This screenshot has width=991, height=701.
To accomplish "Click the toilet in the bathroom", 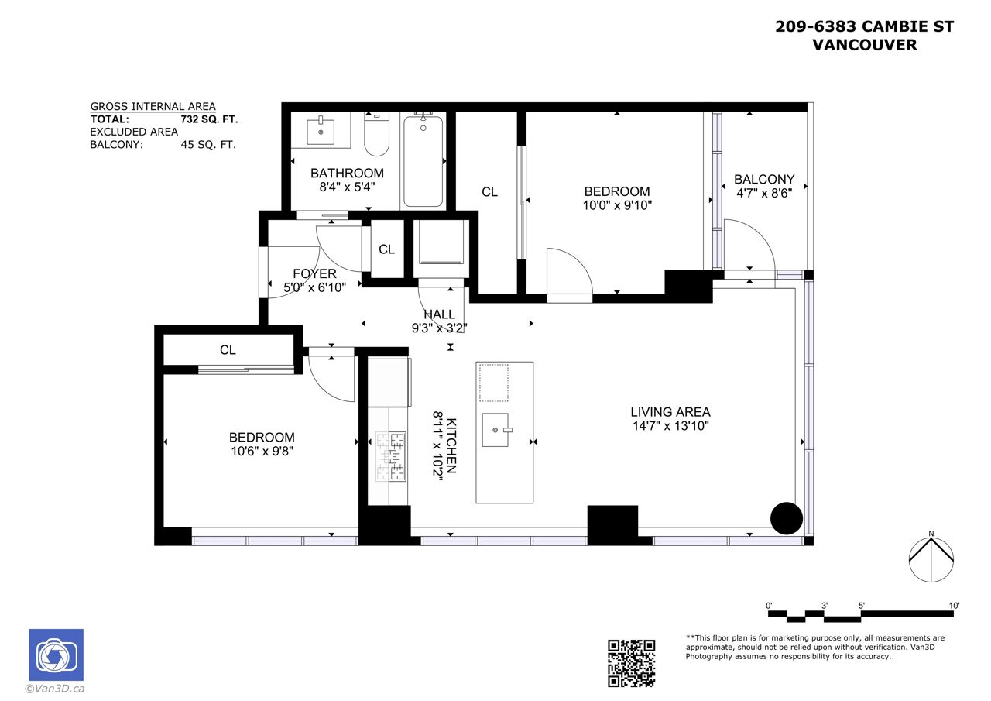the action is [x=376, y=134].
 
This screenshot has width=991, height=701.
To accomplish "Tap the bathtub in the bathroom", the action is [x=423, y=160].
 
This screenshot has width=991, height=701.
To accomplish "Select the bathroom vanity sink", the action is [x=321, y=131].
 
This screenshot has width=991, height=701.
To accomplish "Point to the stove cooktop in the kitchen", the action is [x=391, y=456].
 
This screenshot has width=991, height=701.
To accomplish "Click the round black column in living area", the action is [x=786, y=518].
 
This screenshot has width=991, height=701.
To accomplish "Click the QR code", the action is [x=631, y=663].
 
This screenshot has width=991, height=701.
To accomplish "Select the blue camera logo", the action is [x=57, y=655].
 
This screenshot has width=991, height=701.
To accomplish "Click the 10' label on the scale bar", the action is [x=954, y=606].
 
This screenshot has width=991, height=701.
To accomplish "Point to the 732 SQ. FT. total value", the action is [x=209, y=119].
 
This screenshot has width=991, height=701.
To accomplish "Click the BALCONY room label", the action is [x=764, y=179].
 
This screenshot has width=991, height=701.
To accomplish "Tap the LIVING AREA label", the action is [x=670, y=412].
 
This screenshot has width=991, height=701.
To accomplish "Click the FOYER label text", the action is [x=314, y=273].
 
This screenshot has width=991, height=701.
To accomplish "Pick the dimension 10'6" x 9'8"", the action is [x=262, y=452].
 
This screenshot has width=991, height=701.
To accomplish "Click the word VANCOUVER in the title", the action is [x=865, y=45].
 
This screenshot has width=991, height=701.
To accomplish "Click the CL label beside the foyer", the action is [x=386, y=249].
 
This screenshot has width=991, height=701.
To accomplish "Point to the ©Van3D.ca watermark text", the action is [x=55, y=689].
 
